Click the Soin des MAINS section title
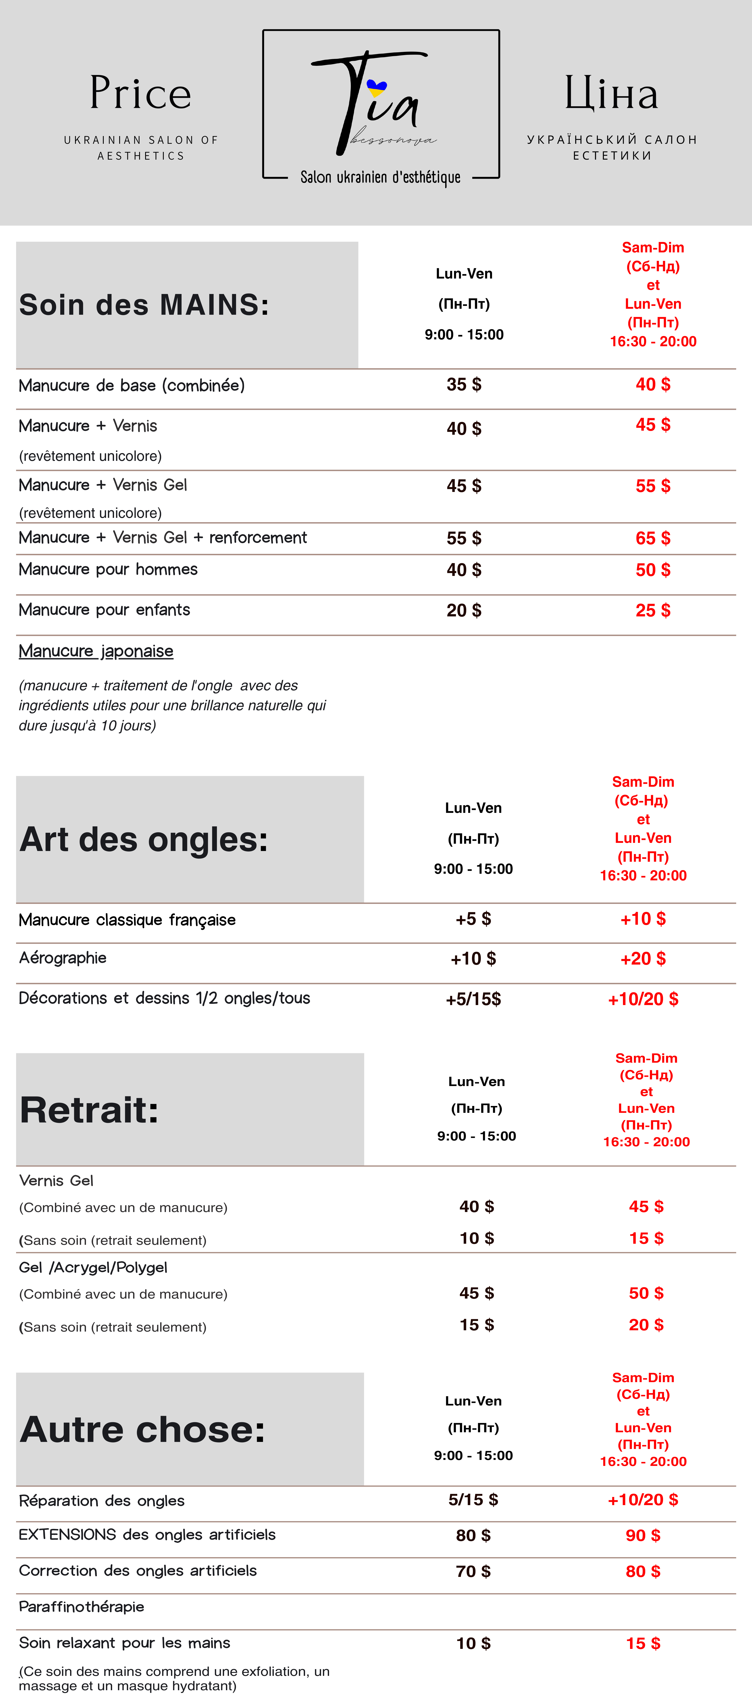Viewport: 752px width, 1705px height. pyautogui.click(x=144, y=305)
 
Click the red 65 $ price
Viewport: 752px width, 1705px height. pyautogui.click(x=653, y=538)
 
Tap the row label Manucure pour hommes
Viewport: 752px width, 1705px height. pyautogui.click(x=108, y=569)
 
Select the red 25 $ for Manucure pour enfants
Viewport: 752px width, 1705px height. pyautogui.click(x=653, y=610)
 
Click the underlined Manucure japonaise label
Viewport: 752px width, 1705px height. pyautogui.click(x=96, y=651)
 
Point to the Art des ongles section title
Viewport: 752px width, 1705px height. pyautogui.click(x=144, y=839)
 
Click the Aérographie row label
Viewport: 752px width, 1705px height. pyautogui.click(x=63, y=958)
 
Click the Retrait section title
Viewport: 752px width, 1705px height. pyautogui.click(x=89, y=1110)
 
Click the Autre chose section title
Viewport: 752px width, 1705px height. pyautogui.click(x=142, y=1429)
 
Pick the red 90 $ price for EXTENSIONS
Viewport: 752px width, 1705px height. pyautogui.click(x=643, y=1535)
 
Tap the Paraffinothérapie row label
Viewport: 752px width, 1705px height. pyautogui.click(x=81, y=1606)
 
